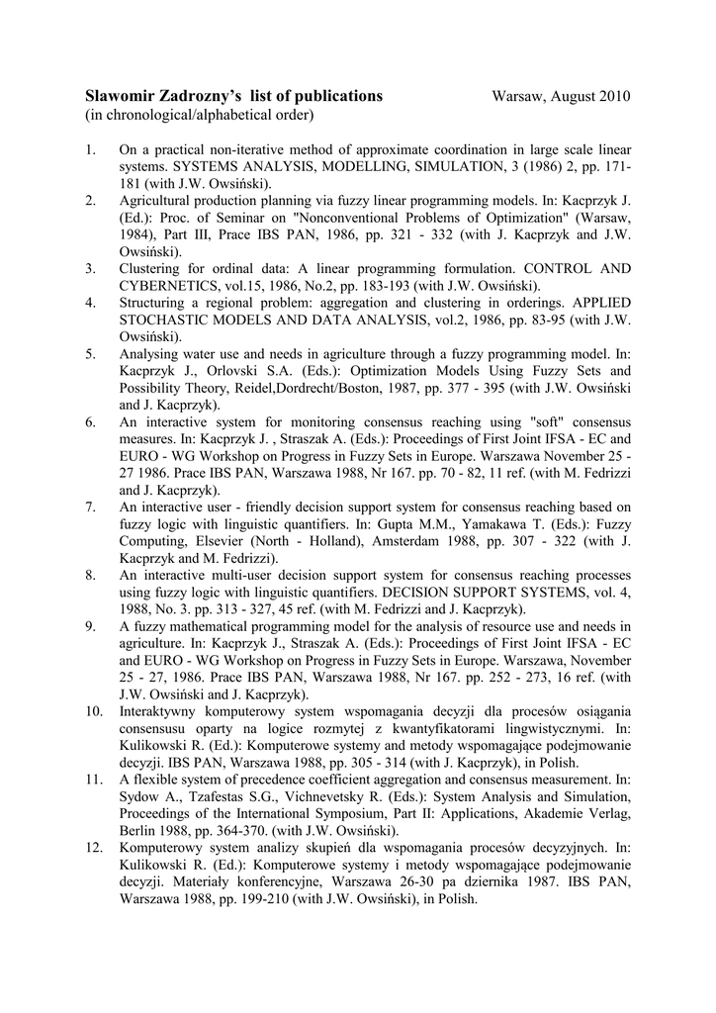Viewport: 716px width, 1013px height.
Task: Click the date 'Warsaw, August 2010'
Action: pyautogui.click(x=561, y=96)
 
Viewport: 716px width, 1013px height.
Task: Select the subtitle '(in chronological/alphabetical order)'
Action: pyautogui.click(x=199, y=115)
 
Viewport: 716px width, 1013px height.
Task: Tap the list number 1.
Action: pyautogui.click(x=90, y=149)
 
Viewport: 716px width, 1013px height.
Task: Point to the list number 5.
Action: pyautogui.click(x=90, y=353)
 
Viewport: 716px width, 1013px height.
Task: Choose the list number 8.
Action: pyautogui.click(x=90, y=575)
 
